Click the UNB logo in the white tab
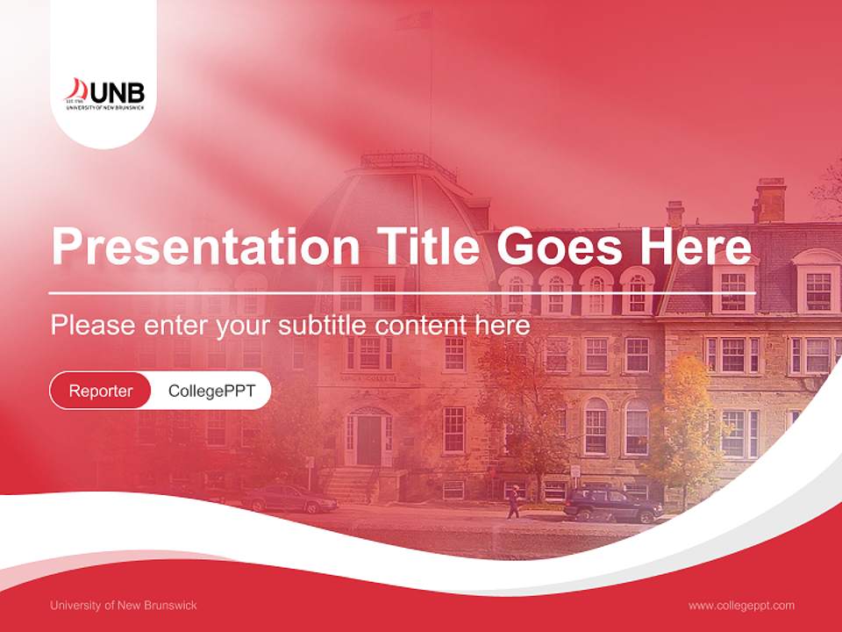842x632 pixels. click(x=105, y=94)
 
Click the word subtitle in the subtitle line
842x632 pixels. click(x=324, y=326)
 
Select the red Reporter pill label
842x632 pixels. click(x=100, y=391)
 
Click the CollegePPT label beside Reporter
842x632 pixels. click(x=211, y=391)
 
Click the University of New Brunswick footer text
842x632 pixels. click(x=124, y=605)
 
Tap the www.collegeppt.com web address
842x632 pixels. click(x=741, y=605)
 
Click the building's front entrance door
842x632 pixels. click(x=368, y=439)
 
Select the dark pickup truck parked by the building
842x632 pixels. click(x=611, y=505)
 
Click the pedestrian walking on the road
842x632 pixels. click(x=512, y=501)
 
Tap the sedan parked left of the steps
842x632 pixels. click(x=289, y=499)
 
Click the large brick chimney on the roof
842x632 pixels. click(x=770, y=200)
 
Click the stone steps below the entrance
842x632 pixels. click(x=351, y=484)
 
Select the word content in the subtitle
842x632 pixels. click(x=423, y=326)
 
